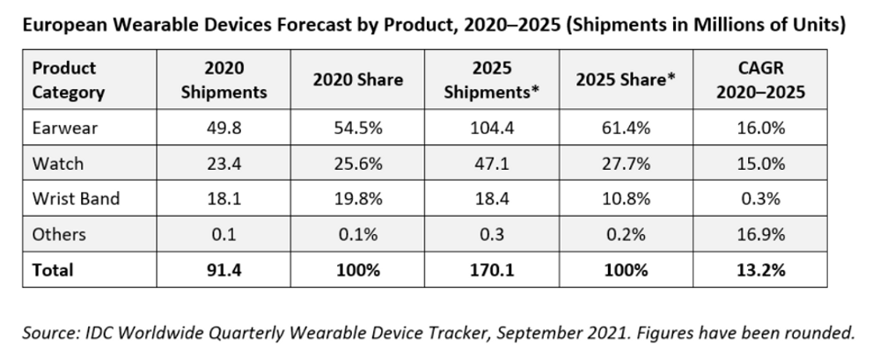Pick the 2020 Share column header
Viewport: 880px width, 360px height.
pyautogui.click(x=357, y=80)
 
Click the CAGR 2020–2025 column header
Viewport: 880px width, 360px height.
pyautogui.click(x=760, y=80)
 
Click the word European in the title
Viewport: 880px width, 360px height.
pyautogui.click(x=60, y=26)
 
